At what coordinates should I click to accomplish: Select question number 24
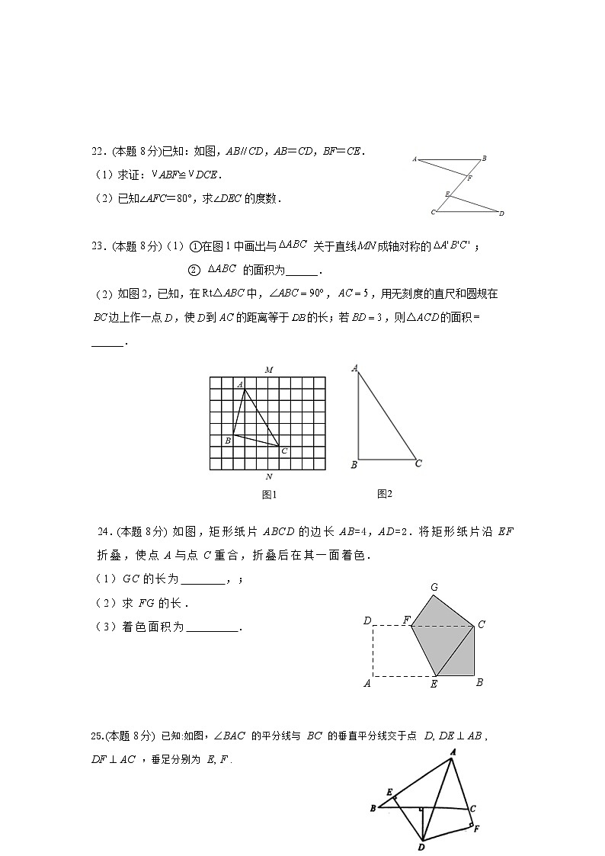tap(104, 531)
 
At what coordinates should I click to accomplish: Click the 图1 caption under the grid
tap(268, 495)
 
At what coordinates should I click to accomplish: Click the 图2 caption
tap(385, 494)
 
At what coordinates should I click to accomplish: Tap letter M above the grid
tap(269, 370)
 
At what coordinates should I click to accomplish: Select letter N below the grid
tap(269, 477)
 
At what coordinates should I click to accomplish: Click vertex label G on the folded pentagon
tap(434, 587)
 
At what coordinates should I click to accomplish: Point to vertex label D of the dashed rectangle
tap(367, 621)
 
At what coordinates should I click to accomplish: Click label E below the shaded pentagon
tap(434, 684)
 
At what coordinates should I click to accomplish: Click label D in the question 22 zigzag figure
tap(501, 213)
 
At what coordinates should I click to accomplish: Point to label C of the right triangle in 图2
tap(418, 463)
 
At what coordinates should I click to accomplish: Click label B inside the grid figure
tap(227, 441)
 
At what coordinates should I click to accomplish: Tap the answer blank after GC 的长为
tap(203, 580)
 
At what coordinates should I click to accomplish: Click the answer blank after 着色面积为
tap(213, 627)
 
